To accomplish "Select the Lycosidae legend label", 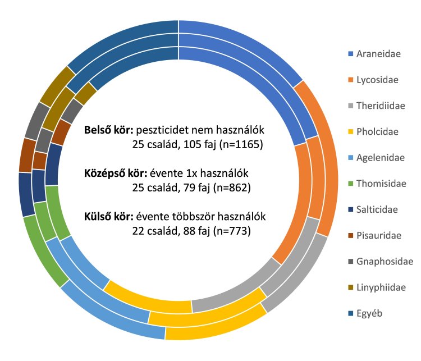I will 377,80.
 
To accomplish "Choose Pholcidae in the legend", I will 377,132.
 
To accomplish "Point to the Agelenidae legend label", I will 379,158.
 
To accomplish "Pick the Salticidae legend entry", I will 377,209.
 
